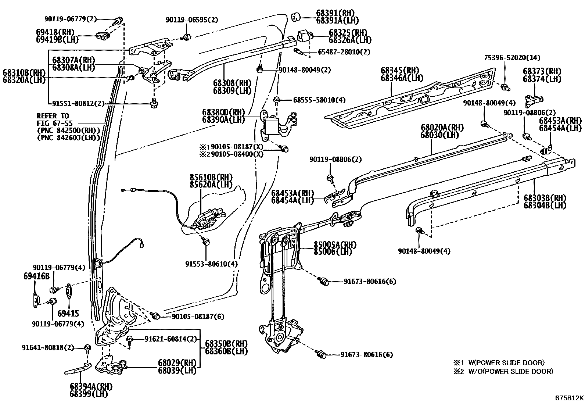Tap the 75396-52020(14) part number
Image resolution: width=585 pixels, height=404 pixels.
512,58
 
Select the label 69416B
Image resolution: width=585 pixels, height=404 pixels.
36,276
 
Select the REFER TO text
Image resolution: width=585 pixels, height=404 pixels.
53,116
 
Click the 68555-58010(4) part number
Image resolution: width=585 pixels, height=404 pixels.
319,100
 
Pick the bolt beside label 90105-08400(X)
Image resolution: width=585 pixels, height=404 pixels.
284,149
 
